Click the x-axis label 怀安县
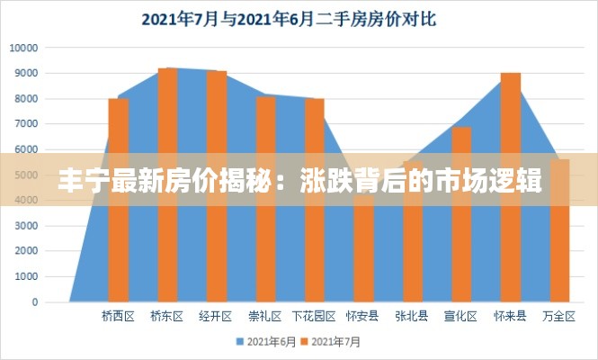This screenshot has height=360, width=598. point(362,317)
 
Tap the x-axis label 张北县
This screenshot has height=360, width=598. point(411,317)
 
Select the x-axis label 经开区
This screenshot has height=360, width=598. point(216,317)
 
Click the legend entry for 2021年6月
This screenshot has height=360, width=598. point(266,342)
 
